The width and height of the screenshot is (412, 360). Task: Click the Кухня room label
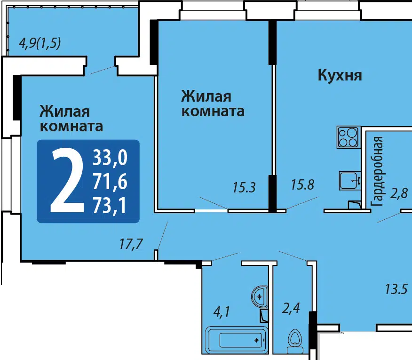[340, 75]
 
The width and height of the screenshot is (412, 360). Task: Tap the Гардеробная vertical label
[377, 171]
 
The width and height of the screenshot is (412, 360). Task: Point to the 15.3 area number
[244, 187]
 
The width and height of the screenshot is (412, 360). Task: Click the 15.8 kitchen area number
[302, 184]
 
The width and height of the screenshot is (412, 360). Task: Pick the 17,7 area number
[131, 244]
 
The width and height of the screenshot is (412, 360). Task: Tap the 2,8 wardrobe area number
[399, 193]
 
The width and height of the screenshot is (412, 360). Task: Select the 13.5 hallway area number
[396, 289]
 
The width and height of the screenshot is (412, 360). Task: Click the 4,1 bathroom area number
[222, 312]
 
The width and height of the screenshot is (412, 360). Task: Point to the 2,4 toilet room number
[291, 308]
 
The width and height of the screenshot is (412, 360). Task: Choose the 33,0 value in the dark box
[110, 158]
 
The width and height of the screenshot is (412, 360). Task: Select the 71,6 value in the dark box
[110, 182]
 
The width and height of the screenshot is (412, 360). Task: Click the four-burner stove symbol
[349, 137]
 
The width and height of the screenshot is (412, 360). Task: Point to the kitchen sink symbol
[350, 181]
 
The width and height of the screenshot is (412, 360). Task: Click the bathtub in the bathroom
[236, 340]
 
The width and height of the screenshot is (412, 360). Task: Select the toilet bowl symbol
[295, 341]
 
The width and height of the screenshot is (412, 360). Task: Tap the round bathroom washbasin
[260, 296]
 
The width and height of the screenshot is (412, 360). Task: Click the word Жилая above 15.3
[206, 96]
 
